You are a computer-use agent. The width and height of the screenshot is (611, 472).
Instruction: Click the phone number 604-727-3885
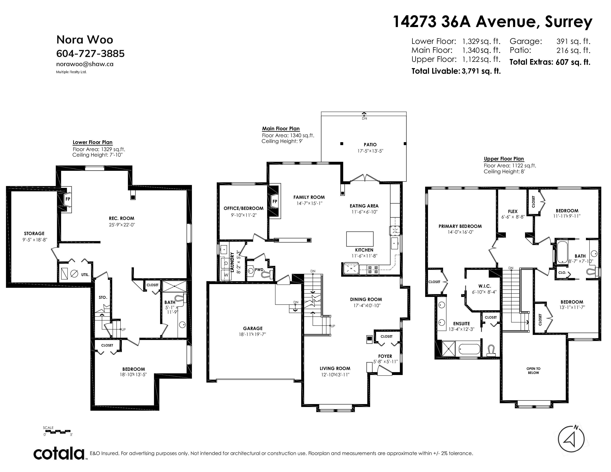90,53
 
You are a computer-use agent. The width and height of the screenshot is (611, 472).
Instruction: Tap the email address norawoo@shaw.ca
85,64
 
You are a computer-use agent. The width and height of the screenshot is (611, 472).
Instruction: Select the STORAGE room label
34,233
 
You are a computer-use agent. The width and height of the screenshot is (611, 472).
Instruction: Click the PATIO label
370,145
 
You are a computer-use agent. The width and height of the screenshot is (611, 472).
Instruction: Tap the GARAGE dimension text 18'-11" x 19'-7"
253,334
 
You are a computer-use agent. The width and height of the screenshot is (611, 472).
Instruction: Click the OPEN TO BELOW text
533,371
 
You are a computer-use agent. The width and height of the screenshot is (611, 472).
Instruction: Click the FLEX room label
513,211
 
